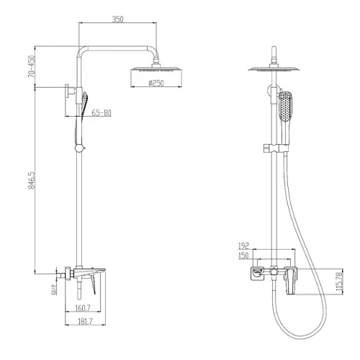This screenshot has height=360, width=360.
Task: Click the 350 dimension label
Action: tap(117, 19)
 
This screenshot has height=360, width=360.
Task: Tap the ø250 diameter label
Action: tap(156, 83)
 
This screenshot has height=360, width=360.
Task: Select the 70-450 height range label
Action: tap(32, 66)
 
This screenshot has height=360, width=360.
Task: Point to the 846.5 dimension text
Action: tap(32, 180)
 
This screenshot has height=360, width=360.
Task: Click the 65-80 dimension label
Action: tap(102, 113)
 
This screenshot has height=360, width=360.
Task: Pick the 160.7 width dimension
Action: tap(83, 308)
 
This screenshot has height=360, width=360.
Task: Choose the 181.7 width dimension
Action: tap(85, 322)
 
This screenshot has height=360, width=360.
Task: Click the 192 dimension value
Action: tap(243, 246)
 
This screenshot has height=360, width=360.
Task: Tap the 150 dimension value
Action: tap(243, 256)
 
